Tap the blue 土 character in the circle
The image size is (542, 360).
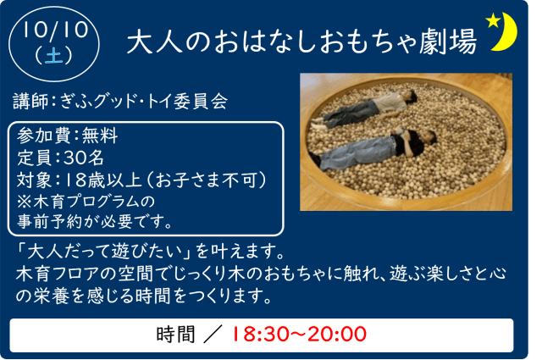(x=54, y=55)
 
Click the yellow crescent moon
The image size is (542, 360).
(x=506, y=32)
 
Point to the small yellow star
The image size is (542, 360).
(x=493, y=20)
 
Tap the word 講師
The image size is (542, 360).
(x=30, y=102)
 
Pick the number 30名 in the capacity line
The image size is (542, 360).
(x=84, y=158)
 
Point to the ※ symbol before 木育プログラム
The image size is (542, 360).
(x=24, y=202)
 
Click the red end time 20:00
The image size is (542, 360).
(x=337, y=335)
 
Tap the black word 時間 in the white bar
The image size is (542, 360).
(x=175, y=335)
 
